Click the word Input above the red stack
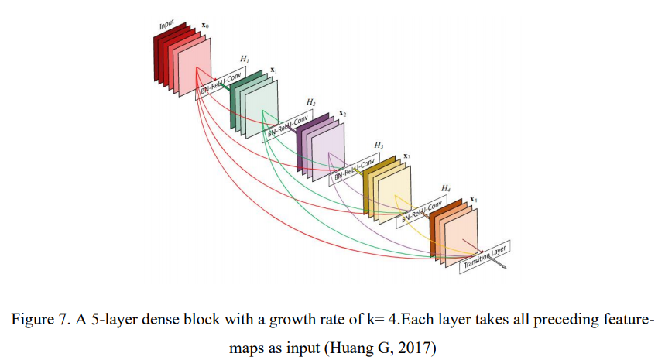pyautogui.click(x=167, y=24)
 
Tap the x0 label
pyautogui.click(x=204, y=26)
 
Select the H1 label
pyautogui.click(x=244, y=59)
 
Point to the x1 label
pyautogui.click(x=273, y=70)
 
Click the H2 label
pyautogui.click(x=310, y=102)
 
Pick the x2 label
pyautogui.click(x=341, y=114)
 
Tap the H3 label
pyautogui.click(x=378, y=145)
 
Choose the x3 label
pyautogui.click(x=407, y=156)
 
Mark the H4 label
pyautogui.click(x=446, y=188)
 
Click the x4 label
pyautogui.click(x=473, y=200)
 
